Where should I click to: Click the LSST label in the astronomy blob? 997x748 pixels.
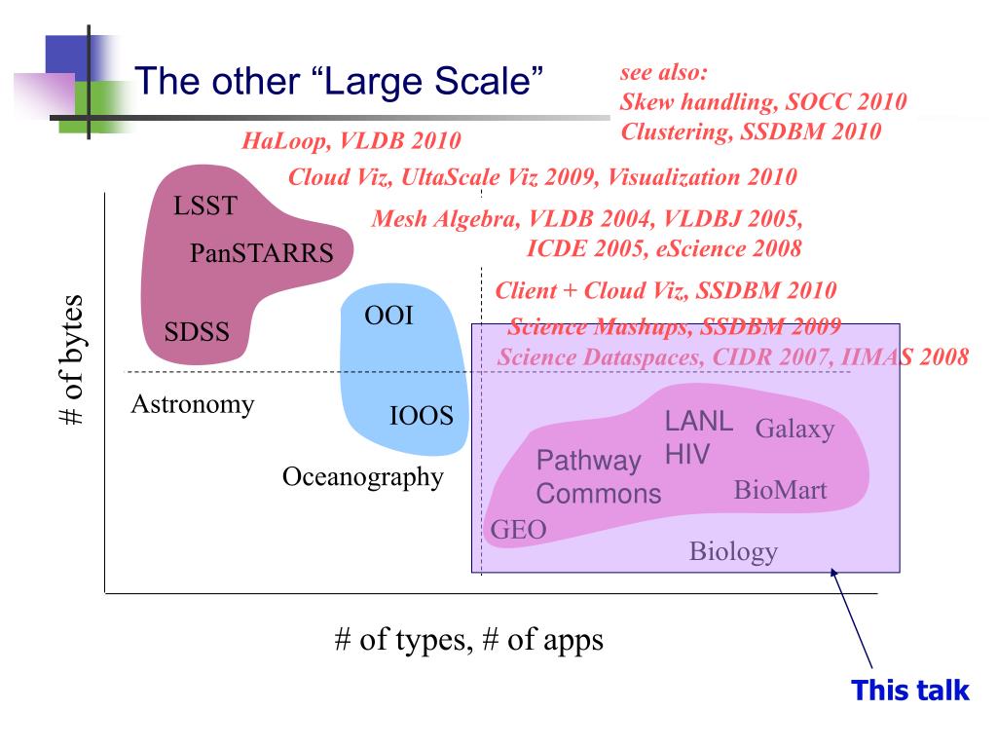coord(205,206)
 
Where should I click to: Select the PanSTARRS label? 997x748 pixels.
coord(261,253)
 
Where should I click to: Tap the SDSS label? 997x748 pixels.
coord(197,331)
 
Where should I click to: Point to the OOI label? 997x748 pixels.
coord(388,316)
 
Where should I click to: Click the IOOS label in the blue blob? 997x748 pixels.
coord(421,415)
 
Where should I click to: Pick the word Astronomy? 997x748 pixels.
coord(193,404)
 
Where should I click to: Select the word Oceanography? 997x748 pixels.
coord(363,477)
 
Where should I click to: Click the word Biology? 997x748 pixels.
coord(733,551)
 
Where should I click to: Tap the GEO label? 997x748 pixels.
coord(518,529)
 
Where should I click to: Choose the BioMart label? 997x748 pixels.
coord(780,490)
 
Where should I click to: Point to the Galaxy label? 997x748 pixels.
coord(794,430)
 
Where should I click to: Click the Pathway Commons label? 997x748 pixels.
coord(599,477)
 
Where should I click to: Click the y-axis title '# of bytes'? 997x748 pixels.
coord(72,359)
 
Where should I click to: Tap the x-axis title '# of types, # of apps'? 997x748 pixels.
coord(468,639)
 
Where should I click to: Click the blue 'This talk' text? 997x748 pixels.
coord(910,691)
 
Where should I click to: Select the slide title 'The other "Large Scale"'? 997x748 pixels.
coord(339,81)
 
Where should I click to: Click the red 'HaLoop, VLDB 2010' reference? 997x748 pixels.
coord(351,140)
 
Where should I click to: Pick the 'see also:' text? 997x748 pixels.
coord(663,72)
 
